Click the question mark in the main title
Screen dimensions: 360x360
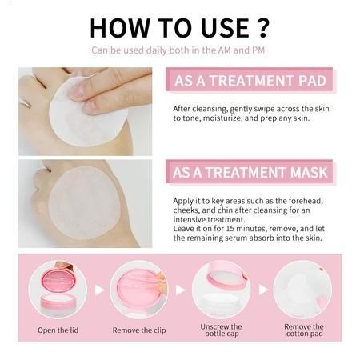[262, 27]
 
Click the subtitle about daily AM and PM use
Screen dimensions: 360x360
[178, 50]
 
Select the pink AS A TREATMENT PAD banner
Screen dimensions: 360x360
[250, 80]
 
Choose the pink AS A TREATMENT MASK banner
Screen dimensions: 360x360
[250, 172]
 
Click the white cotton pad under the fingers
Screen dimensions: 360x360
[88, 112]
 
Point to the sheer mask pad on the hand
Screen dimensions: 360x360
[84, 202]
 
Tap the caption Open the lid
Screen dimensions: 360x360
[58, 330]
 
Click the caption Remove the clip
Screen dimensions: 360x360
[139, 330]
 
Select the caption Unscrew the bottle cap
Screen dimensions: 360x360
[222, 330]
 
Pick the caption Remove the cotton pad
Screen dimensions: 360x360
[304, 330]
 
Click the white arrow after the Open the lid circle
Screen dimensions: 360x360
[99, 290]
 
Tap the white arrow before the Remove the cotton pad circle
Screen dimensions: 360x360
[263, 290]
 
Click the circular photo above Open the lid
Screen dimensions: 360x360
[58, 290]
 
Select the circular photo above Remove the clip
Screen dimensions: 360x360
[139, 290]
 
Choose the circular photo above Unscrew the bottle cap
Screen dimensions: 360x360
[221, 290]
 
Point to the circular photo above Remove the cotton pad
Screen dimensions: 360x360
[302, 290]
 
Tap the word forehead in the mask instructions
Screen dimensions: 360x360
[306, 201]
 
